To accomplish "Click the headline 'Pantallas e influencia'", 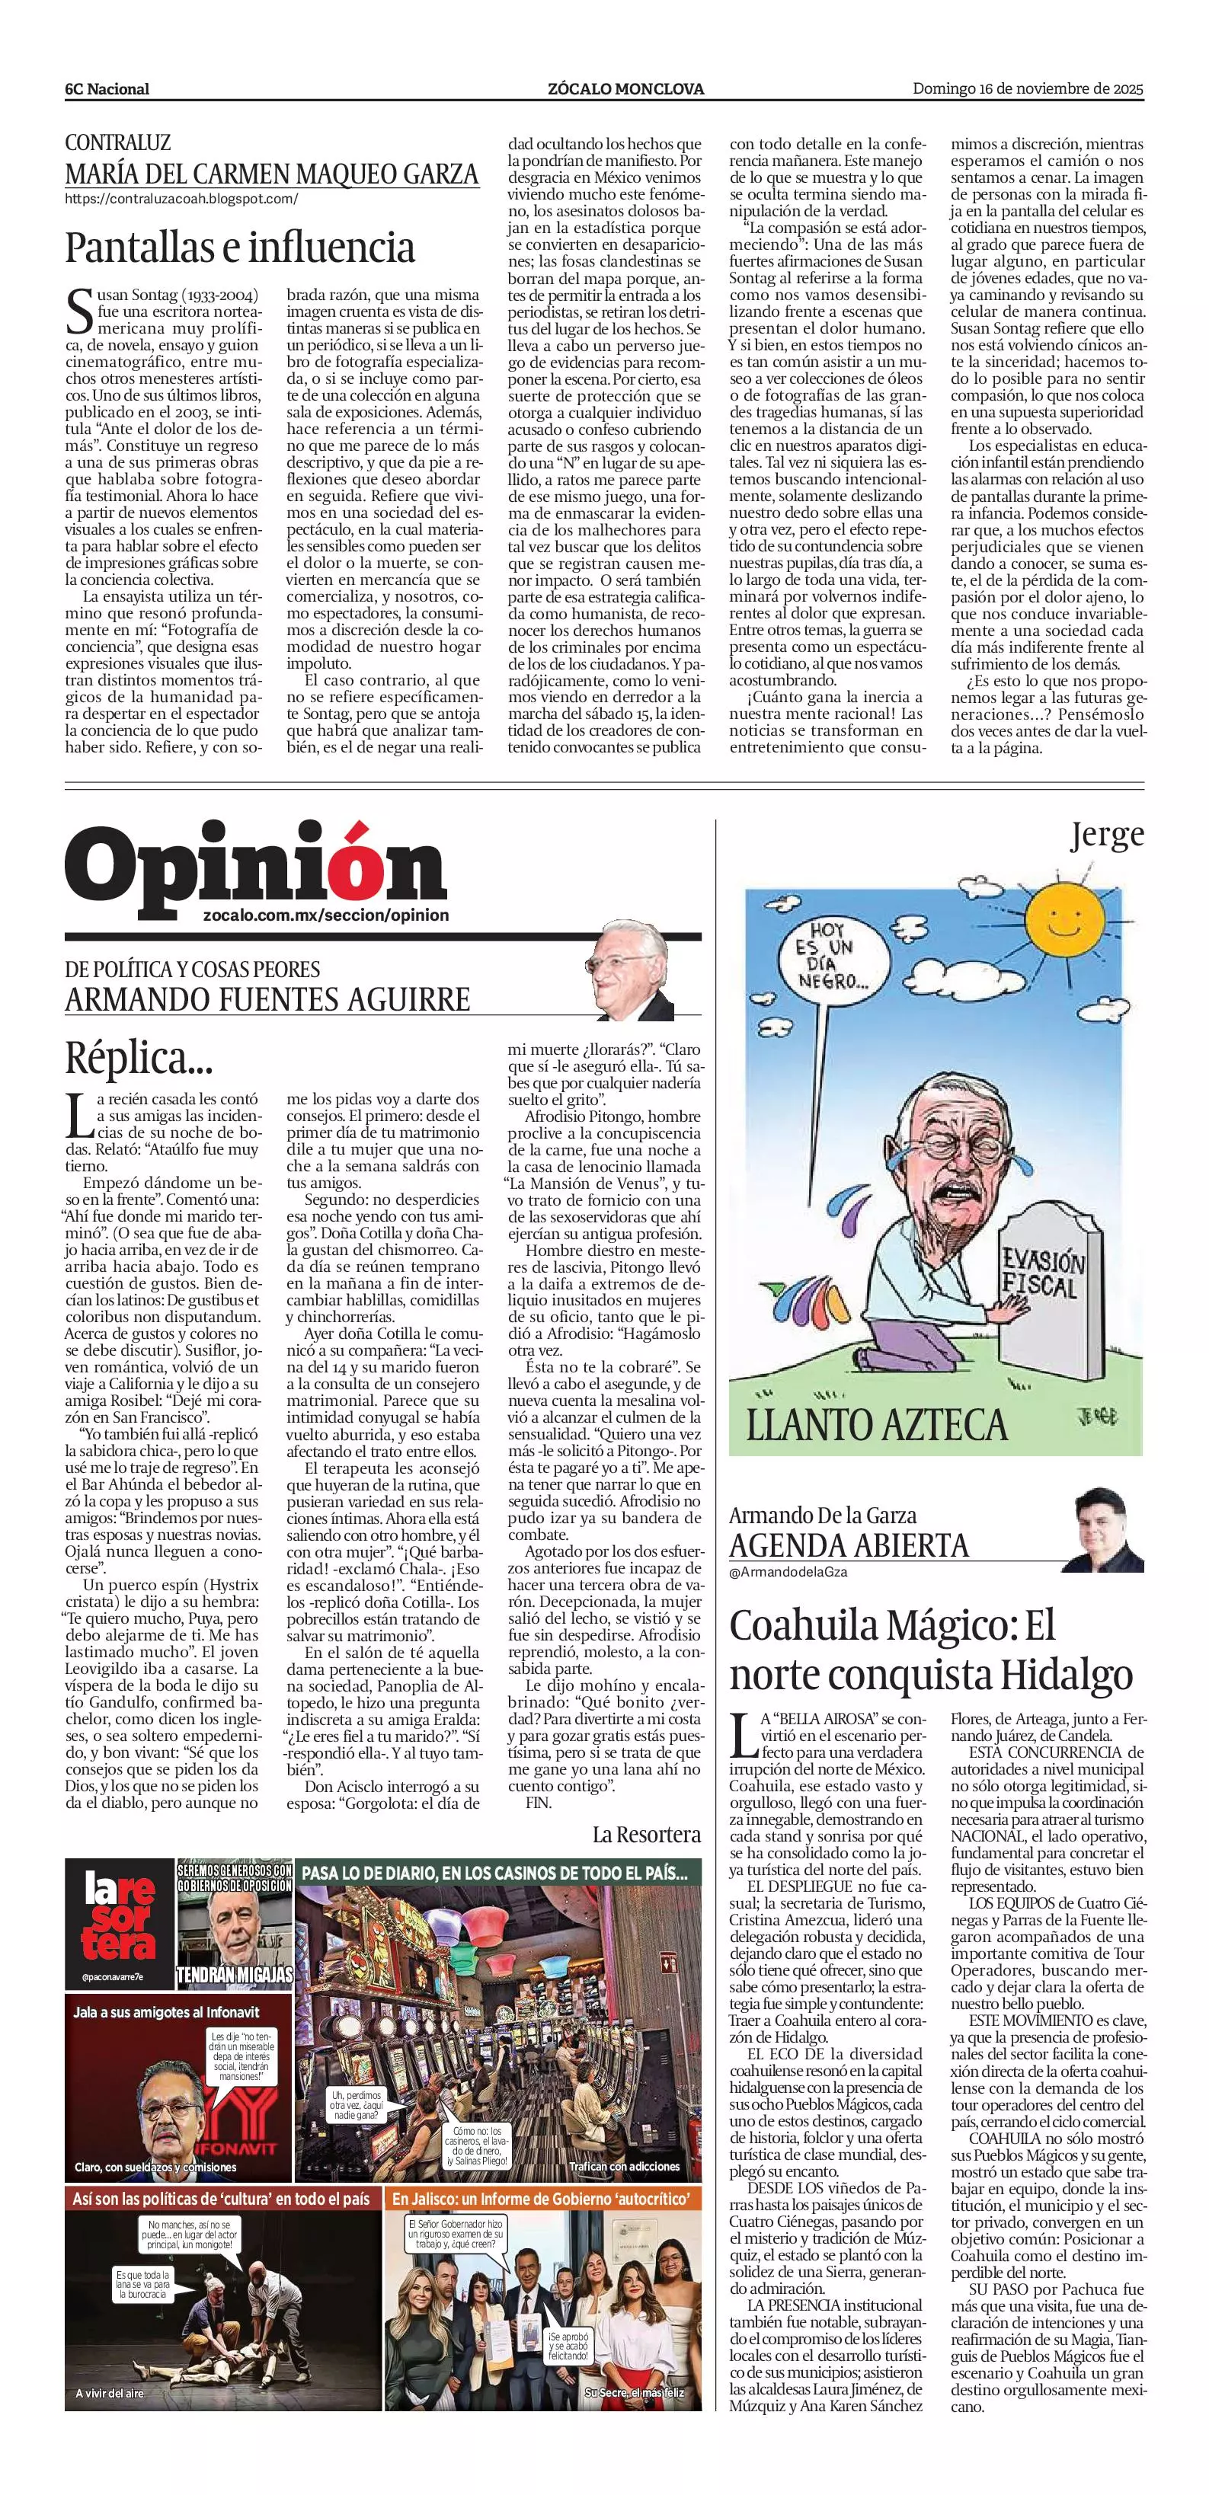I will (239, 248).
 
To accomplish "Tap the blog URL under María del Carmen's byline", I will (181, 199).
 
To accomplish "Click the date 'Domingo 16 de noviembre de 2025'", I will (1028, 88).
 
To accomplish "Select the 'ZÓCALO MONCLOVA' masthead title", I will (625, 89).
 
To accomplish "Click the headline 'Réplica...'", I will (139, 1058).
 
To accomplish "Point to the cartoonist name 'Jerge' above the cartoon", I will (1106, 835).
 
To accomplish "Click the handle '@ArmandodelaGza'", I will (788, 1571).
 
